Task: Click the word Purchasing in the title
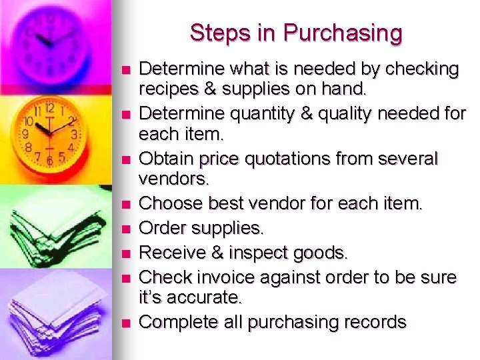(x=343, y=33)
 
